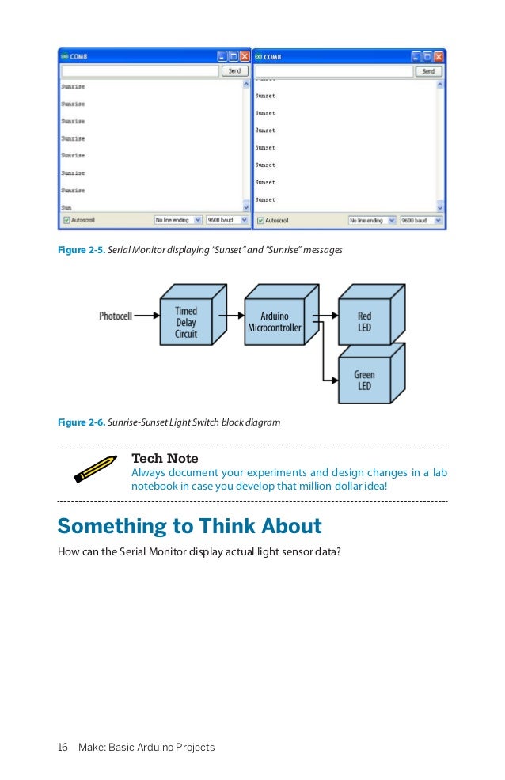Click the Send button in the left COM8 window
pos(234,70)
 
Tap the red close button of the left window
pos(245,56)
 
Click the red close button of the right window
pos(439,56)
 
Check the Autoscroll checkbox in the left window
pos(66,220)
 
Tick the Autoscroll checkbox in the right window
pos(260,220)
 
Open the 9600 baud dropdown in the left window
pos(227,220)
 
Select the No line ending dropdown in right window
pos(372,220)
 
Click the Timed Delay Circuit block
pos(185,322)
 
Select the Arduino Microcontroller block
pos(275,322)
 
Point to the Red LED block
pos(364,322)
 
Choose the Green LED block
pos(364,381)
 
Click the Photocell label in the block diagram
pos(116,316)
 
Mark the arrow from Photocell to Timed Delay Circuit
pos(146,316)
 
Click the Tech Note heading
pos(165,459)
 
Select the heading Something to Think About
pos(189,527)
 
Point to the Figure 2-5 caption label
pos(81,250)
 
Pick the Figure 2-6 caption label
pos(81,422)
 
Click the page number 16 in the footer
pos(63,747)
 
